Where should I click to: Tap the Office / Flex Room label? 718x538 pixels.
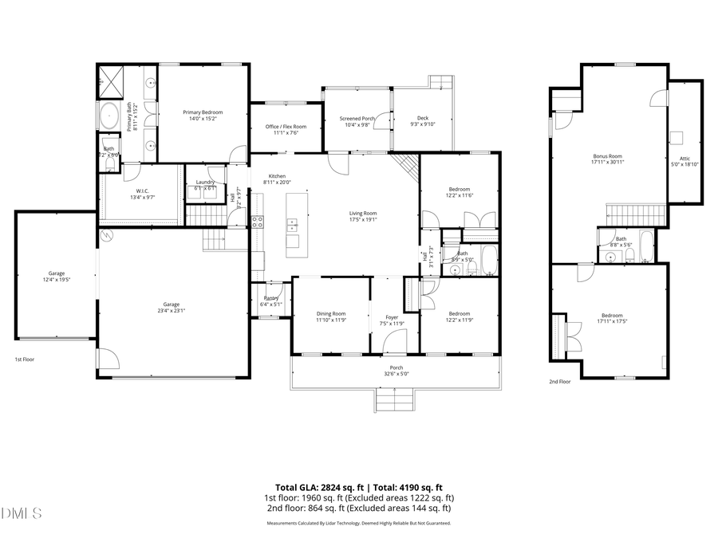pyautogui.click(x=286, y=130)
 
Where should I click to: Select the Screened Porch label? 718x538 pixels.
pyautogui.click(x=357, y=121)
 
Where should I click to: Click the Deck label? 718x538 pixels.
pyautogui.click(x=422, y=121)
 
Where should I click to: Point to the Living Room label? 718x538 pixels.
pyautogui.click(x=363, y=216)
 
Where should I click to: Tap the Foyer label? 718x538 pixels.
pyautogui.click(x=392, y=320)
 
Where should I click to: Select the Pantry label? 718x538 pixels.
pyautogui.click(x=271, y=300)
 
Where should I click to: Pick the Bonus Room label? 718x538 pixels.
pyautogui.click(x=607, y=159)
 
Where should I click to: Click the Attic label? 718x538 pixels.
pyautogui.click(x=684, y=161)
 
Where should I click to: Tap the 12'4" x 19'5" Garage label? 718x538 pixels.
pyautogui.click(x=54, y=277)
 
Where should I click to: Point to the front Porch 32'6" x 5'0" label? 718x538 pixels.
pyautogui.click(x=396, y=371)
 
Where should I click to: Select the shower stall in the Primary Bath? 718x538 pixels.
pyautogui.click(x=109, y=81)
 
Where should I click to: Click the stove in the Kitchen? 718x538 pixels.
pyautogui.click(x=258, y=222)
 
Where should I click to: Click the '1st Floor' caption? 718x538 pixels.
pyautogui.click(x=24, y=359)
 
